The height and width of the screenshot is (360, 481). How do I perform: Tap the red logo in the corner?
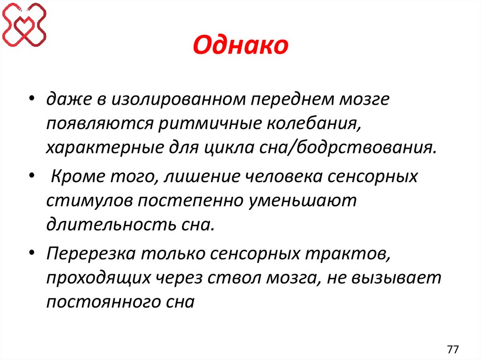pos(24,24)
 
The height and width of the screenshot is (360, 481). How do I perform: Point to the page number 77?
pos(453,349)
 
